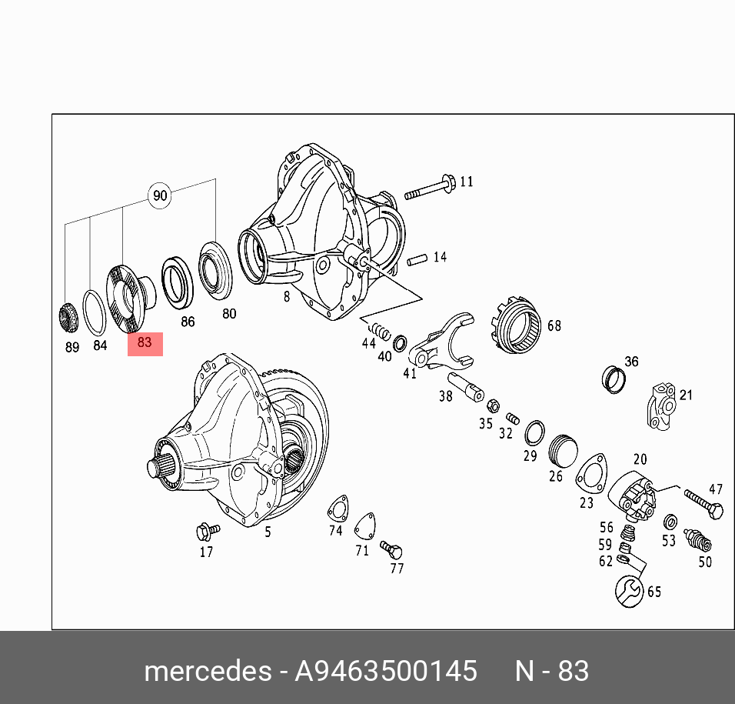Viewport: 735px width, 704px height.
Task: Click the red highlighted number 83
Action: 145,343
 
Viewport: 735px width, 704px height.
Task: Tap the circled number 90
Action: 160,195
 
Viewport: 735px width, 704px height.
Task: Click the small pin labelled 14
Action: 417,260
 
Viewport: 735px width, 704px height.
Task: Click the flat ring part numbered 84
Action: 94,312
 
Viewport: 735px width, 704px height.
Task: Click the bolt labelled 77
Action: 393,549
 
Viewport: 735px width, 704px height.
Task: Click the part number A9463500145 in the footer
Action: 386,671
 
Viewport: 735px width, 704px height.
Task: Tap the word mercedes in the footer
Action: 206,671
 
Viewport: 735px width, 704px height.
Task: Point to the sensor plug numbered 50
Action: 699,541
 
